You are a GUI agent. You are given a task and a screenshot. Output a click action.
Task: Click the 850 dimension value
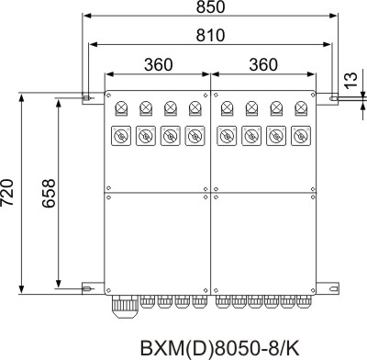click(210, 7)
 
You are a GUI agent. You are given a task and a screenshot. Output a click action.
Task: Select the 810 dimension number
click(210, 35)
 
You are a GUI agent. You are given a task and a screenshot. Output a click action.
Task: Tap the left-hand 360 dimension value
click(159, 64)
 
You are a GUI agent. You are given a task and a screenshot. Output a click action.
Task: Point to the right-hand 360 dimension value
click(263, 64)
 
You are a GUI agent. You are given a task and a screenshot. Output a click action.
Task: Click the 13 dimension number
click(351, 80)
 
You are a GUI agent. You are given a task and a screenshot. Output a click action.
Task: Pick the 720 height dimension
click(6, 192)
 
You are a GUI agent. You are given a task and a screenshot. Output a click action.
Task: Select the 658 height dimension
click(49, 194)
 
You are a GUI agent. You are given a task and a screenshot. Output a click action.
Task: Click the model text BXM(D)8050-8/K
click(220, 347)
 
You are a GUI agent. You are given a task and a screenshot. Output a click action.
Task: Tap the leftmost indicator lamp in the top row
click(121, 108)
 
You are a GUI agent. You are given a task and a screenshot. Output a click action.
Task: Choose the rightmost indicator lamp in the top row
click(301, 108)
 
